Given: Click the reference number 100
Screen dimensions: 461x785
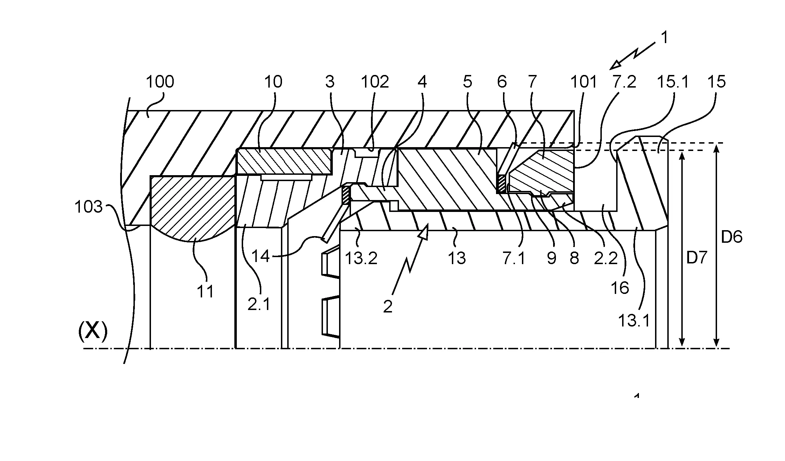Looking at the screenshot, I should (x=160, y=82).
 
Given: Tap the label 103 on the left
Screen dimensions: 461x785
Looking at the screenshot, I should (x=88, y=207).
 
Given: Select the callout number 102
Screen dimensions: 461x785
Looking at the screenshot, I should (x=375, y=82).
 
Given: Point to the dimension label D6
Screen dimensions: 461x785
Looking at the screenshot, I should (x=732, y=238).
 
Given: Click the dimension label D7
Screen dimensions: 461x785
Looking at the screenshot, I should (x=696, y=258).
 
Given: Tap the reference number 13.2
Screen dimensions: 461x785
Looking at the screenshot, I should (x=361, y=259).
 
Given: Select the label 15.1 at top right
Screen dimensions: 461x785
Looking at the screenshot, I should (x=673, y=82).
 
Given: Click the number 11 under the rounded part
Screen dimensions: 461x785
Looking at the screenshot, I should (x=205, y=291).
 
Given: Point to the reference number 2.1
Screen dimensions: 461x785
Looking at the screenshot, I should (x=259, y=304).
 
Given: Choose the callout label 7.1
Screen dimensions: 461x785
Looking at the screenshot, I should (x=514, y=259).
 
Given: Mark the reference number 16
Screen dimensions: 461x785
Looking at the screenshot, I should (x=620, y=288).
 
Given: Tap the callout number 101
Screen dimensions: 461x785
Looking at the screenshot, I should (x=584, y=82).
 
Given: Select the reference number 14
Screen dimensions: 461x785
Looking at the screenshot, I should (x=261, y=256).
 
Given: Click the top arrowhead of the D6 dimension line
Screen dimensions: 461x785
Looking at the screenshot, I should (x=717, y=147).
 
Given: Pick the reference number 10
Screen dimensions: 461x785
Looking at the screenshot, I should (x=273, y=82).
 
